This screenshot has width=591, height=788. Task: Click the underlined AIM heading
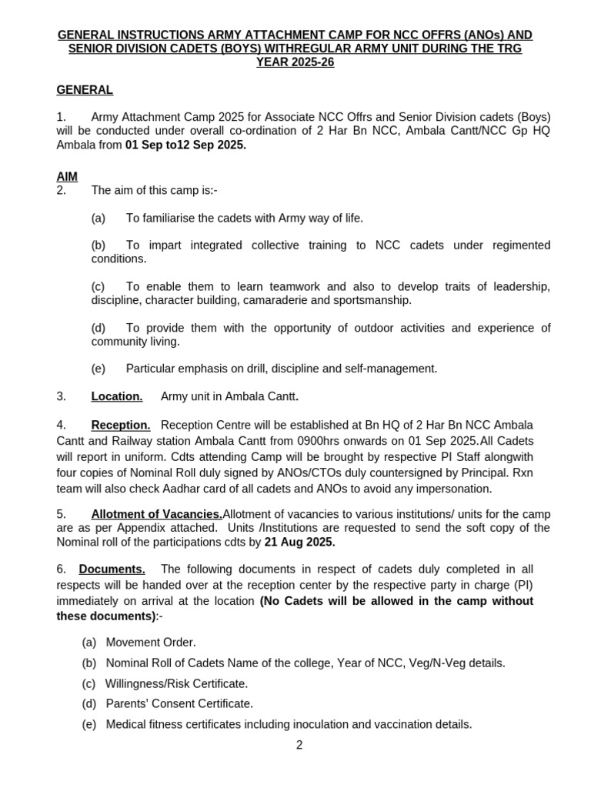pos(67,176)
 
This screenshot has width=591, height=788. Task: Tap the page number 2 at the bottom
pos(299,745)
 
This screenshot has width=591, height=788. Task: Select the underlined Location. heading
pos(117,396)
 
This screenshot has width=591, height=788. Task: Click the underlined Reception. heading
pos(121,425)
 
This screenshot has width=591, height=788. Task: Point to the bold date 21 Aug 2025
pos(299,542)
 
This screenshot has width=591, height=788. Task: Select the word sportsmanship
pos(375,299)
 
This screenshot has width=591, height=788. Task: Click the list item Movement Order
pos(151,642)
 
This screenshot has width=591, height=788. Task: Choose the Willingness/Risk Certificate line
pos(177,683)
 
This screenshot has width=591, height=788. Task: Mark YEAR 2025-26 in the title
pos(295,62)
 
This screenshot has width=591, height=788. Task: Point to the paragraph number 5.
pos(61,513)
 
